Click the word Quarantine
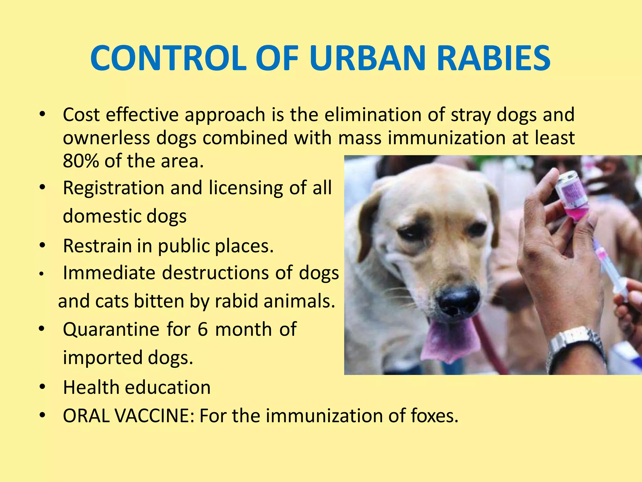[111, 329]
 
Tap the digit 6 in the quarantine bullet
[203, 329]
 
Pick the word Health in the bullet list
[91, 387]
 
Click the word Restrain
[97, 246]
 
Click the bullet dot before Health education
[42, 387]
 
